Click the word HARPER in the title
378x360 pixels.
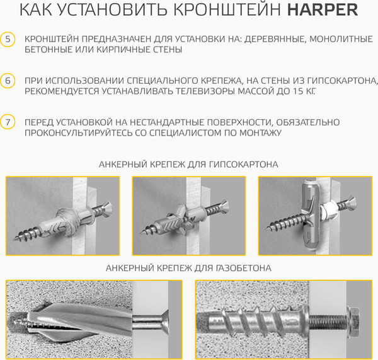tap(323, 10)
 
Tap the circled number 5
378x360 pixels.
tap(8, 39)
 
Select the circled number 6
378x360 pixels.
tap(8, 81)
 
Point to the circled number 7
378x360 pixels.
tap(8, 122)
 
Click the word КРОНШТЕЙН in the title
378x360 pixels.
tap(227, 10)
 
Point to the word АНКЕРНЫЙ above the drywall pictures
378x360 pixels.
tap(123, 165)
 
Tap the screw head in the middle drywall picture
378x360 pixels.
tap(224, 206)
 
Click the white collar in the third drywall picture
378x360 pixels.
tap(328, 209)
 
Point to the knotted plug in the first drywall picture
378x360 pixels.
tap(67, 221)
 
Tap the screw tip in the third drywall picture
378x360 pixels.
tap(266, 229)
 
